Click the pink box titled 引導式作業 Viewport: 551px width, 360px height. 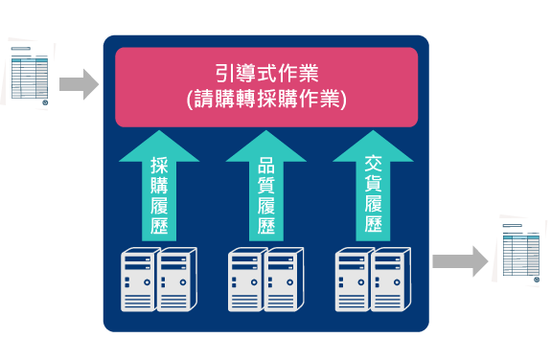[x=266, y=86]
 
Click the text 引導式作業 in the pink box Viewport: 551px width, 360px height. [x=266, y=72]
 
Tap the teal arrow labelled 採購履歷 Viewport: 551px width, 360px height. [x=159, y=187]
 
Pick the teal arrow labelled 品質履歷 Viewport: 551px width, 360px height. [x=265, y=187]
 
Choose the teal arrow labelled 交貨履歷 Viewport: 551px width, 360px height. [x=373, y=187]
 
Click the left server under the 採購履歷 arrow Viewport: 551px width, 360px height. [x=139, y=280]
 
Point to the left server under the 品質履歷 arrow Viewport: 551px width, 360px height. [x=246, y=280]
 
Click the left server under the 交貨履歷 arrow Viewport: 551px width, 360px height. [x=354, y=280]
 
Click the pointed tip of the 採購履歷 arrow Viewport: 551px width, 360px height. [x=159, y=136]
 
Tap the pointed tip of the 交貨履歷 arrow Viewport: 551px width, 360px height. [x=373, y=136]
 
